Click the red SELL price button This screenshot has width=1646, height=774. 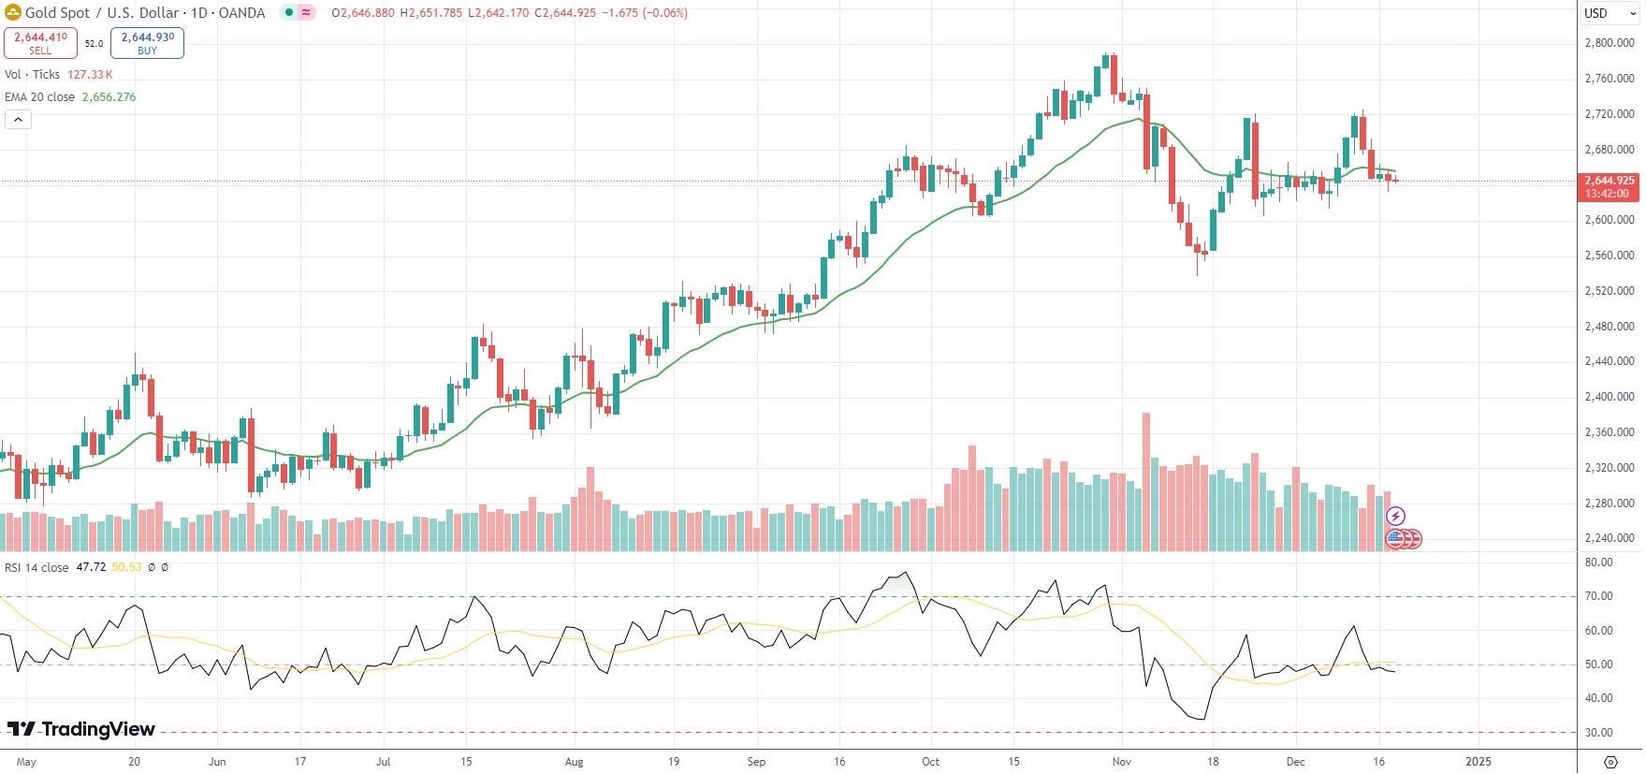[x=40, y=43]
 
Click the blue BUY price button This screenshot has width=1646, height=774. [x=147, y=43]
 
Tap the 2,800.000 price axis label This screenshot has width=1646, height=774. [x=1609, y=43]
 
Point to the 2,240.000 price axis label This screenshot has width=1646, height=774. [x=1609, y=538]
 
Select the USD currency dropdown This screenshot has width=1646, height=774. [x=1608, y=13]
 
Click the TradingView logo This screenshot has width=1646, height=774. [x=81, y=729]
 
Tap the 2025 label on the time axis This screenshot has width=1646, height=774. [x=1478, y=762]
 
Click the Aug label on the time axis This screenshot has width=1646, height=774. [x=574, y=762]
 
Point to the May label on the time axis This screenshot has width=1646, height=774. [x=26, y=762]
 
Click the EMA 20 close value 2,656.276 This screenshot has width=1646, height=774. [x=109, y=97]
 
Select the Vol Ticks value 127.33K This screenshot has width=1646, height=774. [x=90, y=75]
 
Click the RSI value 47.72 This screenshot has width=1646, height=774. [x=91, y=567]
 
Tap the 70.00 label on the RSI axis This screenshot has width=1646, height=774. [x=1598, y=596]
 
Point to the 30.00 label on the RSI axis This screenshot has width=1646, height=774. [x=1598, y=733]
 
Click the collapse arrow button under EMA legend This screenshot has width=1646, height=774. [x=18, y=119]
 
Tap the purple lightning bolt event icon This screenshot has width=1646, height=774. [x=1395, y=516]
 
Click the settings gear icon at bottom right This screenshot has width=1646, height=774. [x=1610, y=762]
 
